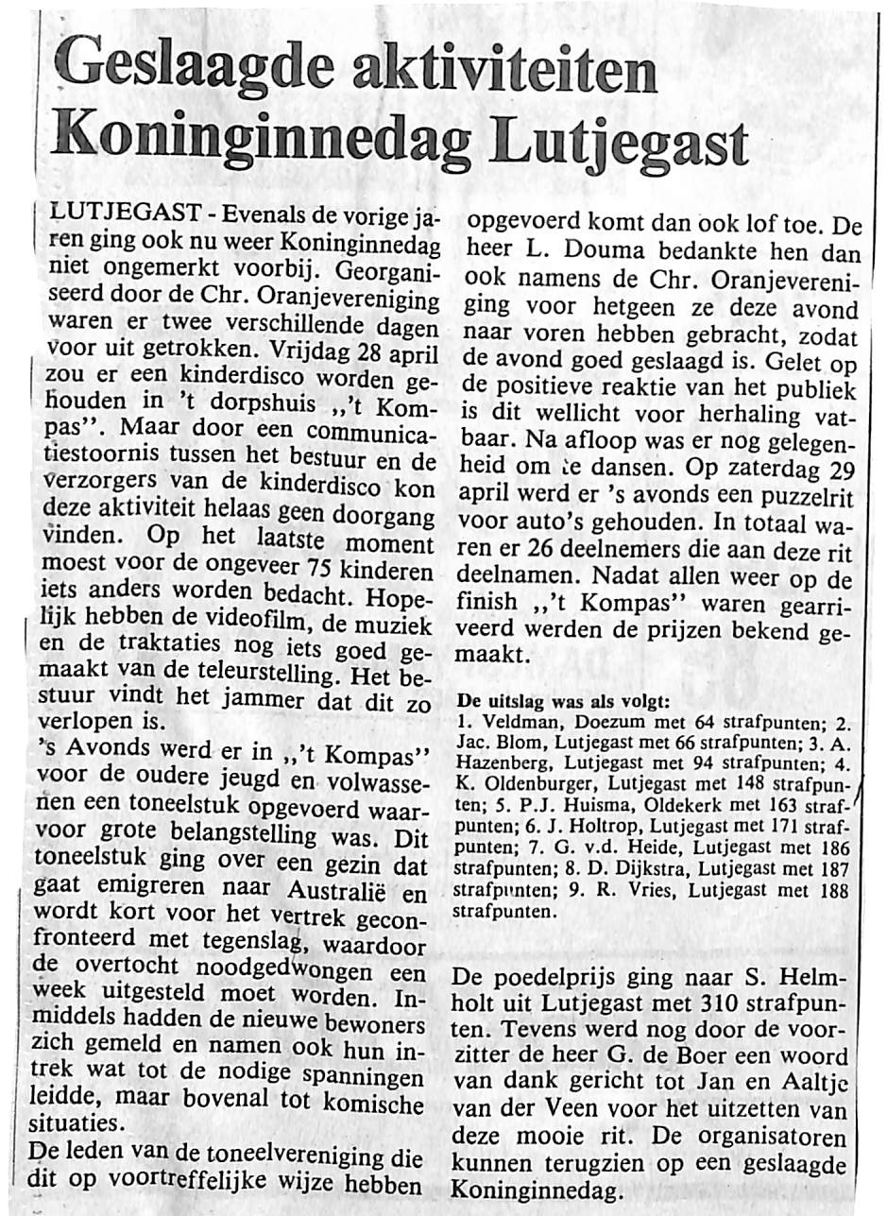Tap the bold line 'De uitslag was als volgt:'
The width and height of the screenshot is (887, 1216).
pyautogui.click(x=563, y=701)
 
